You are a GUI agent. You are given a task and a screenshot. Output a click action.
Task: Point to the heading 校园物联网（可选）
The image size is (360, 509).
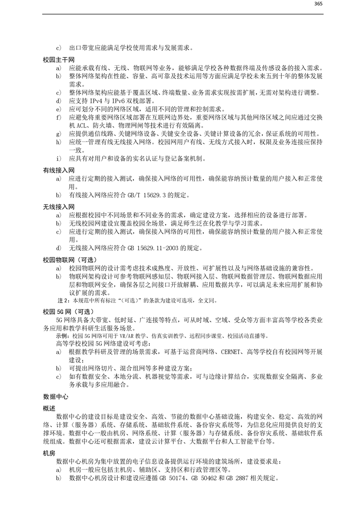coord(68,259)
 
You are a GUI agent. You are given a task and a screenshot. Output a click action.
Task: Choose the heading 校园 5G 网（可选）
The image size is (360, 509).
coord(68,312)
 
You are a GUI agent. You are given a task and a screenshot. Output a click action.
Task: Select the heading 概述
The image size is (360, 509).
coord(49,409)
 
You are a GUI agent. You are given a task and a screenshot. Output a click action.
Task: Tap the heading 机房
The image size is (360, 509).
coord(49,452)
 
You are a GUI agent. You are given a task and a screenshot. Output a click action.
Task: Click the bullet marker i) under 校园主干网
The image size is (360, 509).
coord(59,159)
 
